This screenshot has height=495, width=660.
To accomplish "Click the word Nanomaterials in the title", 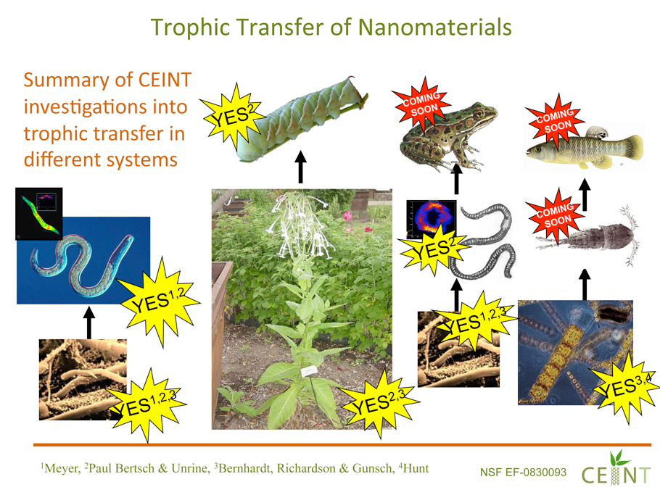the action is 434,27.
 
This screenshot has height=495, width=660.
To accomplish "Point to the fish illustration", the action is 585,148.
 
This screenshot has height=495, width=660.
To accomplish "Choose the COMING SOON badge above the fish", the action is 555,120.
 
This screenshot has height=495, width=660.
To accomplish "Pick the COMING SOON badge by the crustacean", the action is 555,215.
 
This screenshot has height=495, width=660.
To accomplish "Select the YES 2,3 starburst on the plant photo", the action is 379,403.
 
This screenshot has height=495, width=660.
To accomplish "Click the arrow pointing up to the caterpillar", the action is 300,167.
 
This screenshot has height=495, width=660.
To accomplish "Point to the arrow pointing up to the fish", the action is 585,195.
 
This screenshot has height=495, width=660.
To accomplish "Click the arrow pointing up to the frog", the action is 456,180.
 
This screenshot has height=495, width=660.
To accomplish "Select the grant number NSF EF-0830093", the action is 523,473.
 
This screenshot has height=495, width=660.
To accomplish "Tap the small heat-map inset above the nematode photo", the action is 38,214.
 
